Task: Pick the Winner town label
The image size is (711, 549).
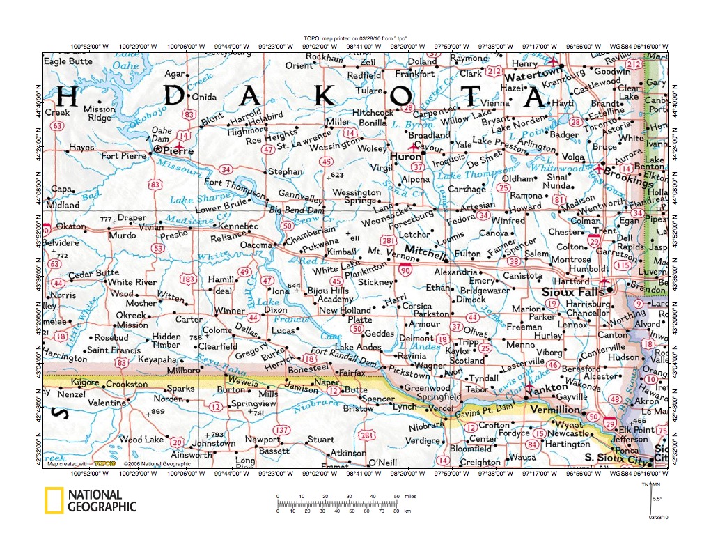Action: coord(229,311)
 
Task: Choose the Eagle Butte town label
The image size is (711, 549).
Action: coord(68,61)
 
